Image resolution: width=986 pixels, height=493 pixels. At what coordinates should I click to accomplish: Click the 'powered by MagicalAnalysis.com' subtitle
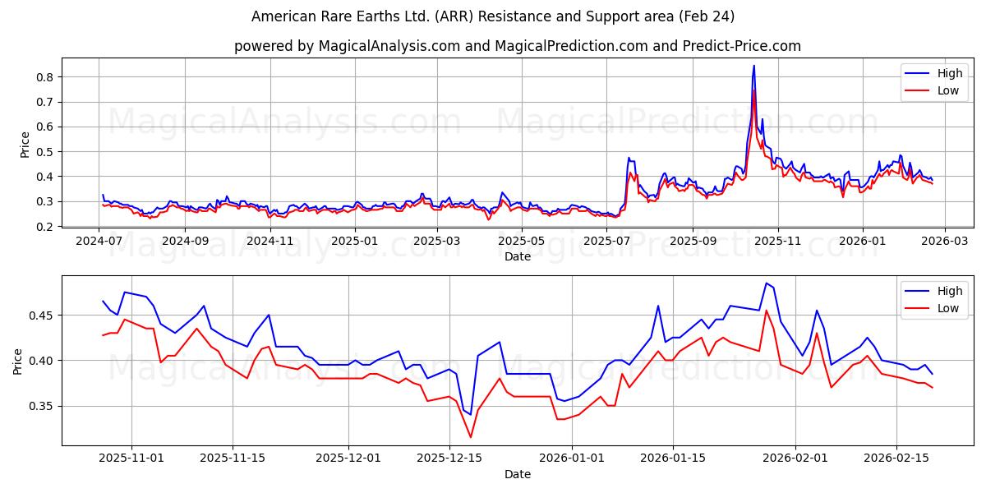point(517,46)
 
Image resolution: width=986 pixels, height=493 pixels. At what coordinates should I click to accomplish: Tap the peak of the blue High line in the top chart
point(753,66)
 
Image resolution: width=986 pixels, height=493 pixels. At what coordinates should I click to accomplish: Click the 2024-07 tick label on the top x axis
point(99,241)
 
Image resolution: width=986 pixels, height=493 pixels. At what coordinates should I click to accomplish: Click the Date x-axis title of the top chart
point(518,256)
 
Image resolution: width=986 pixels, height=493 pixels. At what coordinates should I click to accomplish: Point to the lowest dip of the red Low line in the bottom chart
point(471,437)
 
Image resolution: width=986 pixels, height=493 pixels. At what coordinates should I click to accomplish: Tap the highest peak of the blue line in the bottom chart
point(766,283)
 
